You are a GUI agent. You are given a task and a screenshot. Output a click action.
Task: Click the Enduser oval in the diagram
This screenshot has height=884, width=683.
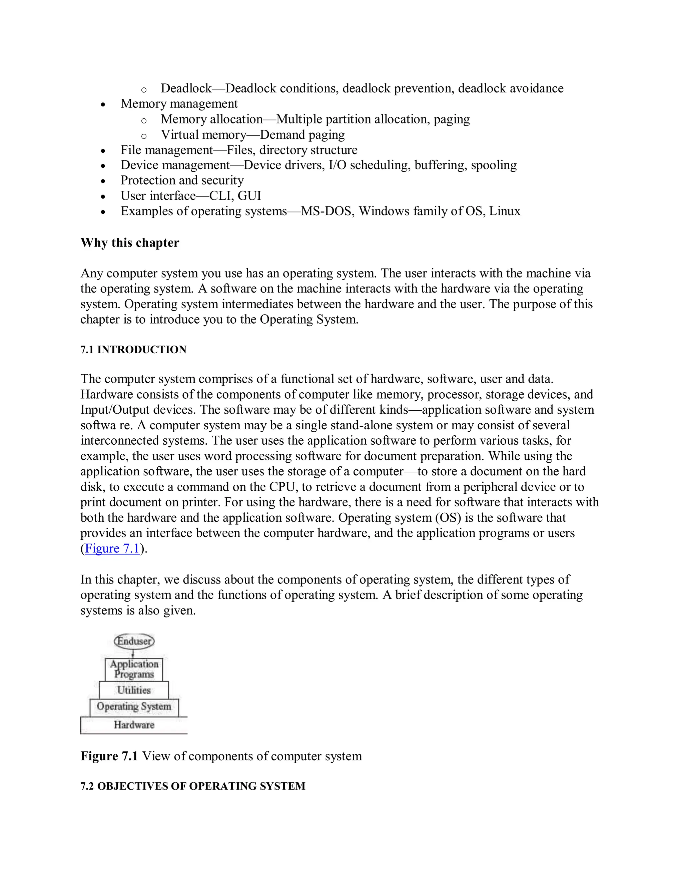pos(134,641)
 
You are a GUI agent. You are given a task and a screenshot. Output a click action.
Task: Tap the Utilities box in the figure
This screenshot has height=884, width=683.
pos(134,690)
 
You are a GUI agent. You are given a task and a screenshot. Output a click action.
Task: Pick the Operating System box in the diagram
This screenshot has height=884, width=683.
pos(134,707)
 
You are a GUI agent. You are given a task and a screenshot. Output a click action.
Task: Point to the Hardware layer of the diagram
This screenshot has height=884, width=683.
pos(134,725)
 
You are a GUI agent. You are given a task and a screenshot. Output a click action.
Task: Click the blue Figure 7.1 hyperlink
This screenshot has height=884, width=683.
pos(112,548)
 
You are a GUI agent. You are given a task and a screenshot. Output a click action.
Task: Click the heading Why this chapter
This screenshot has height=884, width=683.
pos(129,243)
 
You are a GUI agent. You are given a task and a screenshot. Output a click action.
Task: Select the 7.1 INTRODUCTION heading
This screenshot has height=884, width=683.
pos(133,350)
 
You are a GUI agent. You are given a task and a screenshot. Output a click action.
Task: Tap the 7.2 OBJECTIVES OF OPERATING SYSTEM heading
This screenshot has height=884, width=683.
pos(193,786)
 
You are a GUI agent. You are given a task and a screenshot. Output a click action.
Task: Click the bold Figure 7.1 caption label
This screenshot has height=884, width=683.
pos(109,756)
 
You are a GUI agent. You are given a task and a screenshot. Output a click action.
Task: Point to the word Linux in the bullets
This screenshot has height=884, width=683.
pos(505,211)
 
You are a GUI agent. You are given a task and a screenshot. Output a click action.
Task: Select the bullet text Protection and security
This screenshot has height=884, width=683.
pos(182,180)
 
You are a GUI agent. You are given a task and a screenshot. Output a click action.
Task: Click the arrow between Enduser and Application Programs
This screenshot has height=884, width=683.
pos(133,653)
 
